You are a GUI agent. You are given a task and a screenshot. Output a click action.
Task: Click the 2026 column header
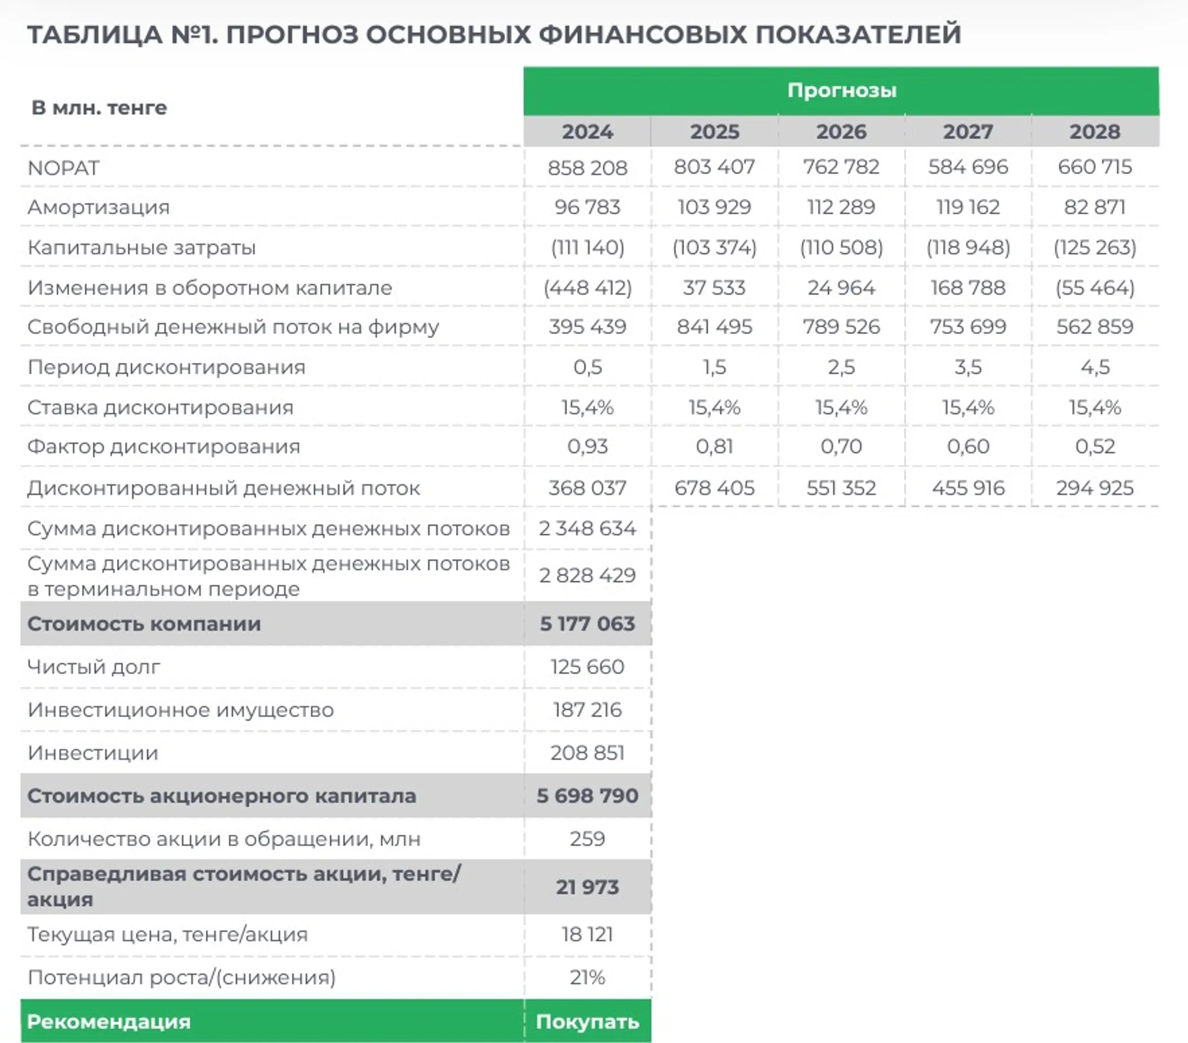pos(841,132)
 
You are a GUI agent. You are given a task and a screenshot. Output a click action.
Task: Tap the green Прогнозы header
pos(841,91)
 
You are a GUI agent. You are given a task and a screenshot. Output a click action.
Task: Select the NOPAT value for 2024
pos(587,168)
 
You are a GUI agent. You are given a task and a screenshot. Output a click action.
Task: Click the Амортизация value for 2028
pos(1094,207)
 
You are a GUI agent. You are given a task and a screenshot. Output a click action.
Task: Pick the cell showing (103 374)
pos(714,247)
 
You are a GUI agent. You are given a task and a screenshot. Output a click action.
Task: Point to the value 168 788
pos(967,287)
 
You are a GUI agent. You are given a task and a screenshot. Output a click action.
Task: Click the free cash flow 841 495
pos(714,327)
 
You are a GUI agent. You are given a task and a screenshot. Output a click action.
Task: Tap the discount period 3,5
pos(967,367)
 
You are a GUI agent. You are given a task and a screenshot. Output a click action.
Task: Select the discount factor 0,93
pos(587,447)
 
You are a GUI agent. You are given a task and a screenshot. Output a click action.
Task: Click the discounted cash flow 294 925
pos(1094,488)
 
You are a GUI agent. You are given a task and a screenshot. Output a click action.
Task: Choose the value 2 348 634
pos(587,529)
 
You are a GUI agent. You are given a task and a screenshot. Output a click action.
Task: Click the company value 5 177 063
pos(587,624)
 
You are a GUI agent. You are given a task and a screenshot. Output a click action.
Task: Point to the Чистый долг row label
pos(94,667)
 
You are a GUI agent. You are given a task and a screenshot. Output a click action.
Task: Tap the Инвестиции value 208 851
pos(587,753)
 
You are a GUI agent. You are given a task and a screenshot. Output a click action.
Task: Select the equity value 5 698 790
pos(587,796)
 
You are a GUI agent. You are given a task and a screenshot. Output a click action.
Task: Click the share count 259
pos(587,839)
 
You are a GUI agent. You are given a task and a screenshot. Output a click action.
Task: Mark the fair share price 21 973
pos(587,887)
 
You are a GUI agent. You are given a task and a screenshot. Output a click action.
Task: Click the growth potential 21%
pos(587,978)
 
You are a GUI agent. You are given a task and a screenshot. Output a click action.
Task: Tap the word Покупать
pos(587,1022)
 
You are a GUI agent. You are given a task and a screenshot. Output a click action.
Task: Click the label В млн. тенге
pos(99,108)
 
